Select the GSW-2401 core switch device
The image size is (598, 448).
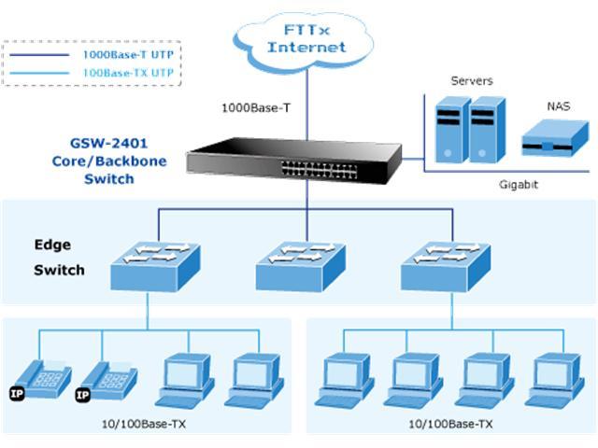[295, 162]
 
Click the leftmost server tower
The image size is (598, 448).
[449, 130]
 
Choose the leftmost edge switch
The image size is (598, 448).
[149, 266]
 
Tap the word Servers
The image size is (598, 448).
[472, 81]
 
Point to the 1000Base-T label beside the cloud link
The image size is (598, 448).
[255, 108]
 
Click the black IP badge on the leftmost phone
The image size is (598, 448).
[16, 393]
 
